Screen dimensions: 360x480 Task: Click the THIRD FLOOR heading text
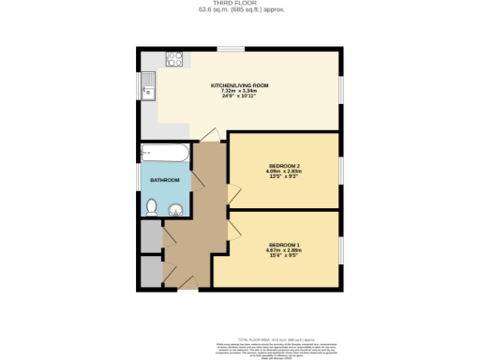240,4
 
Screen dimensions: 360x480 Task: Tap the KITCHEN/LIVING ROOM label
239,85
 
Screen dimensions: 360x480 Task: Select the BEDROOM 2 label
283,166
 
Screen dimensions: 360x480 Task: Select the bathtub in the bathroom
165,153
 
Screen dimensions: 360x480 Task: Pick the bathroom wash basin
176,210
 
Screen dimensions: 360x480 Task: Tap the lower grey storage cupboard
150,271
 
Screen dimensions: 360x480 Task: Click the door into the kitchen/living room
210,136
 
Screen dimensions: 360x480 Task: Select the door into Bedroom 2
233,196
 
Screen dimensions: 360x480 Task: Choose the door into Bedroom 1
233,230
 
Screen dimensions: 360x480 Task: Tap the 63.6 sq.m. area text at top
240,10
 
